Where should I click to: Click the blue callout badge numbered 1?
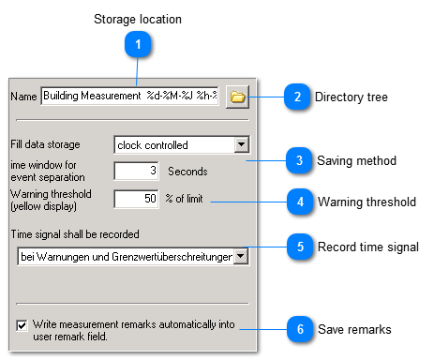tap(138, 44)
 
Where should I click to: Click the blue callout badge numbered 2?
tap(295, 97)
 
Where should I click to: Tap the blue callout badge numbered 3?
tap(299, 160)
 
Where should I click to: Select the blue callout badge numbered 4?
tap(299, 201)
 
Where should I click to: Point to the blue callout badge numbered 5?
tap(299, 247)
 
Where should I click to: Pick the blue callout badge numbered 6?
tap(299, 329)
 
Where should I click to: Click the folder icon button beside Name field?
tap(236, 97)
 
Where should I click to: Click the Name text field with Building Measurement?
tap(129, 97)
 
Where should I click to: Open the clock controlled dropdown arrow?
tap(241, 144)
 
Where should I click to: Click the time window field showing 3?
tap(135, 171)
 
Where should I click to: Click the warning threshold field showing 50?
tap(135, 198)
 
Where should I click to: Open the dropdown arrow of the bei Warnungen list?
tap(241, 255)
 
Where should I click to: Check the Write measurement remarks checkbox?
tap(22, 325)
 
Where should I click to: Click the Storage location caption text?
tap(138, 19)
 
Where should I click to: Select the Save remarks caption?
tap(354, 329)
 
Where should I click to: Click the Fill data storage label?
tap(45, 144)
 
